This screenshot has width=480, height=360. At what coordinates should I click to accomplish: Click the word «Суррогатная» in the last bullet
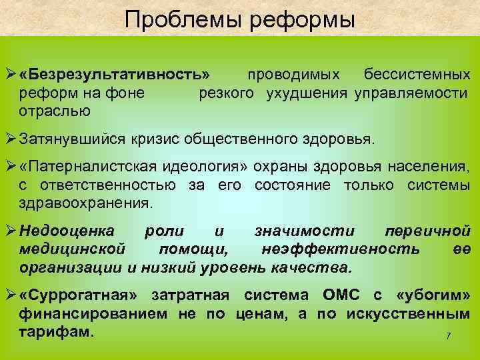click(x=83, y=296)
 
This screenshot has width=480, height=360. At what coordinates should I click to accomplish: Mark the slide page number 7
click(x=449, y=337)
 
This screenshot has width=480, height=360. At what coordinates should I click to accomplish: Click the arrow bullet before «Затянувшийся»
click(x=10, y=141)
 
